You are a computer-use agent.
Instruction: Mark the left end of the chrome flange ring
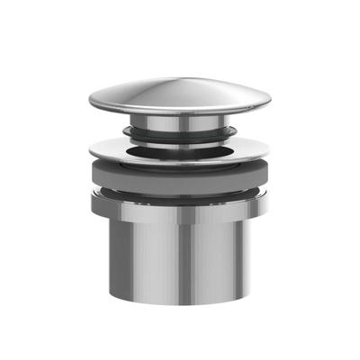click(91, 152)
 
